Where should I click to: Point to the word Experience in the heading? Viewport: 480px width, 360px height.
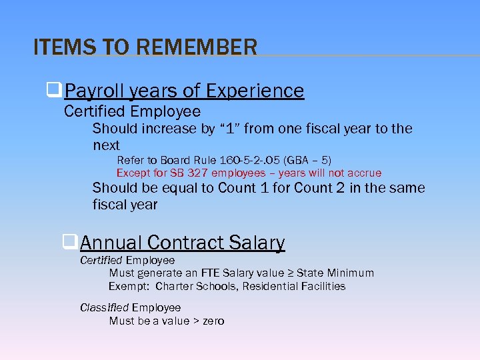pos(255,91)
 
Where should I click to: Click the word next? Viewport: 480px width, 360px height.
pos(106,145)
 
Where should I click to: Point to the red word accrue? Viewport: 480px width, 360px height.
pos(363,173)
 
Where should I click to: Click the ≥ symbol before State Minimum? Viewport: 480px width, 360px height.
pos(291,273)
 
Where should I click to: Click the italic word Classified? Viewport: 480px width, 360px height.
pos(104,307)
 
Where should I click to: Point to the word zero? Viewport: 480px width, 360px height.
pos(213,321)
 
